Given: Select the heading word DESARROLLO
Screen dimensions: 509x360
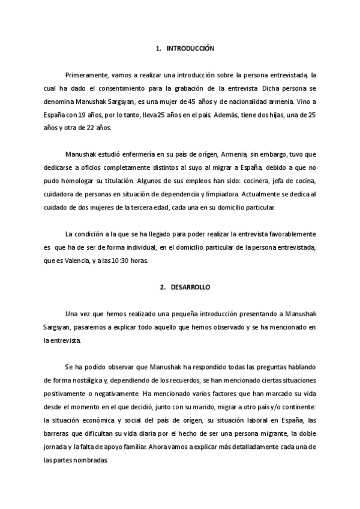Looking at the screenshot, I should point(189,288).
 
